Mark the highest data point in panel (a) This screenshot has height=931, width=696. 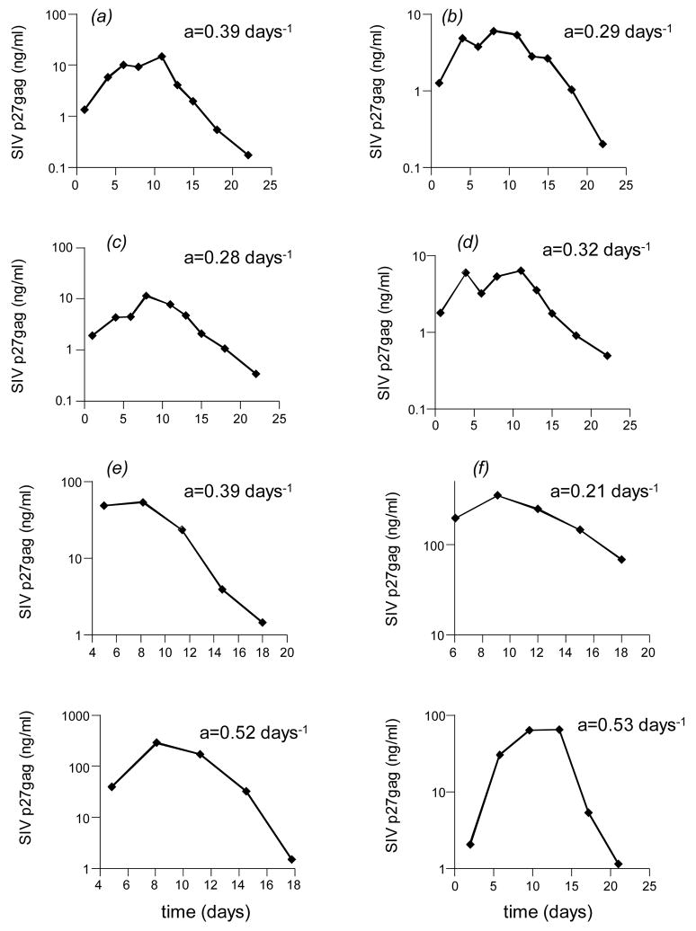coord(162,57)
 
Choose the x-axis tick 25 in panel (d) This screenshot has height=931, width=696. coord(627,424)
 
